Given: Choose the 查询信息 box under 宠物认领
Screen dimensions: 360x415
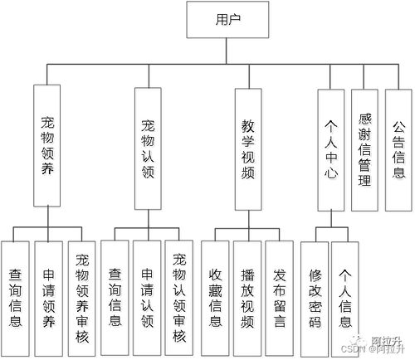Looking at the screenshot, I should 115,294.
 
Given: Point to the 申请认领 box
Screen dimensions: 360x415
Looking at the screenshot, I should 148,294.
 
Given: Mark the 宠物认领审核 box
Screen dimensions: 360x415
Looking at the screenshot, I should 180,294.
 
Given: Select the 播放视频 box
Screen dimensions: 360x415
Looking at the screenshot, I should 247,294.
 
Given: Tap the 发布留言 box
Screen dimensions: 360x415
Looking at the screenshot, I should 280,294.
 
